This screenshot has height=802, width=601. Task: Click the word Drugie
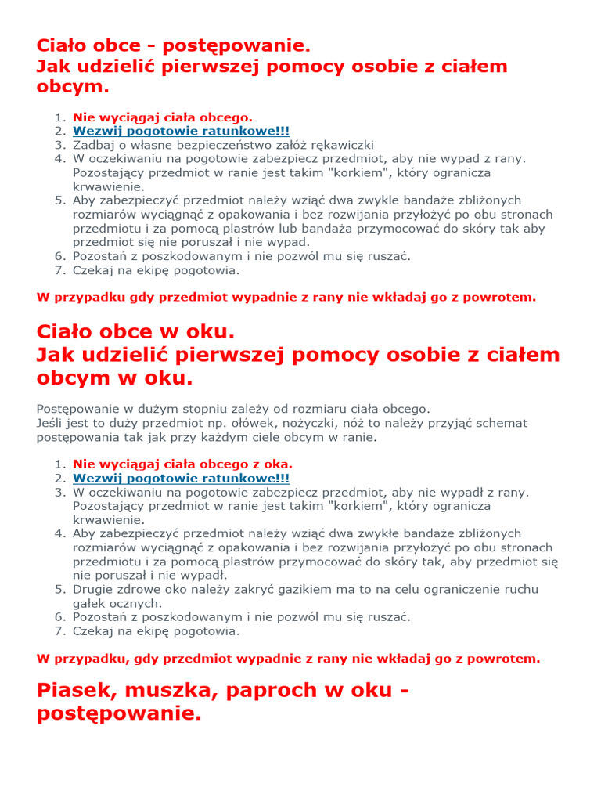tap(93, 589)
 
